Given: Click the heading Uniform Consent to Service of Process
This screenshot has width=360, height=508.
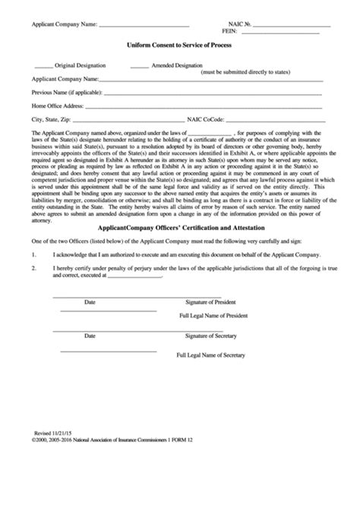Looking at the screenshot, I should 179,46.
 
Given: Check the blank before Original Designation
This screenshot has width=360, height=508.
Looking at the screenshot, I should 43,66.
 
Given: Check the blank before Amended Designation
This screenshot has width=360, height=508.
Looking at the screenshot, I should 139,66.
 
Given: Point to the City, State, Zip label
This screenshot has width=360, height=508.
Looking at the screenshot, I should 50,119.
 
